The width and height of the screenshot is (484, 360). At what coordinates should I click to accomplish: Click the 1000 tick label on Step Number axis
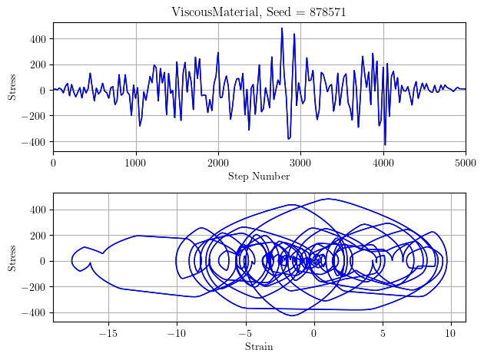pyautogui.click(x=135, y=163)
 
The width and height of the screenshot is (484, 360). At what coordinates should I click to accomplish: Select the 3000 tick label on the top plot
pyautogui.click(x=300, y=163)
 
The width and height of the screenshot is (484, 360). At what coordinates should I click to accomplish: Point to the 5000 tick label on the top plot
pyautogui.click(x=465, y=163)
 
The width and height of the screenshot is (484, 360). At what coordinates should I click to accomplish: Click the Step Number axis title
pyautogui.click(x=259, y=177)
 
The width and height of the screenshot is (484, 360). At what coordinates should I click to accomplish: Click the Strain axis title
pyautogui.click(x=259, y=346)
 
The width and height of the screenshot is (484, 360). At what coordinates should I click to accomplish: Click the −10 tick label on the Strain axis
pyautogui.click(x=176, y=333)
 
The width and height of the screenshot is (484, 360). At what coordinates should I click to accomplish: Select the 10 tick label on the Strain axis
pyautogui.click(x=451, y=333)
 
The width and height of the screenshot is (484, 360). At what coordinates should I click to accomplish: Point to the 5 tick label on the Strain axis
pyautogui.click(x=383, y=333)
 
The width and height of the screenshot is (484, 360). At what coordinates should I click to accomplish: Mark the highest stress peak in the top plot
pyautogui.click(x=282, y=28)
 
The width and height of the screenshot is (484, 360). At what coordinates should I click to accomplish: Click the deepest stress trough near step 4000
pyautogui.click(x=385, y=144)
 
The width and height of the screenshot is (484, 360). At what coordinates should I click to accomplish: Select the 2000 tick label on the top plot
pyautogui.click(x=218, y=163)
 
